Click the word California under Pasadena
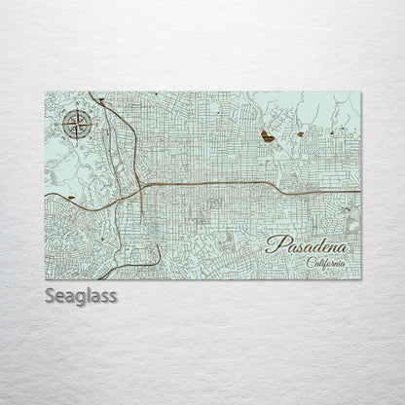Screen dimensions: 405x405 [x=325, y=262]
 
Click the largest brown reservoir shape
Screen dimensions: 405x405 [x=267, y=139]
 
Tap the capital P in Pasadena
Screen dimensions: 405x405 [x=274, y=243]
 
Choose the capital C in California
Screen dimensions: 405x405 [x=310, y=262]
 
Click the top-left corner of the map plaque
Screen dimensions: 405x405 [x=46, y=92]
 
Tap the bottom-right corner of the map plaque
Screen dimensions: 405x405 [x=360, y=279]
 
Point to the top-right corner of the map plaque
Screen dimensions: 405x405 [x=360, y=92]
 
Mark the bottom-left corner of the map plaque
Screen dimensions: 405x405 [x=46, y=279]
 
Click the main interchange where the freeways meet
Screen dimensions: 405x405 [x=142, y=184]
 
